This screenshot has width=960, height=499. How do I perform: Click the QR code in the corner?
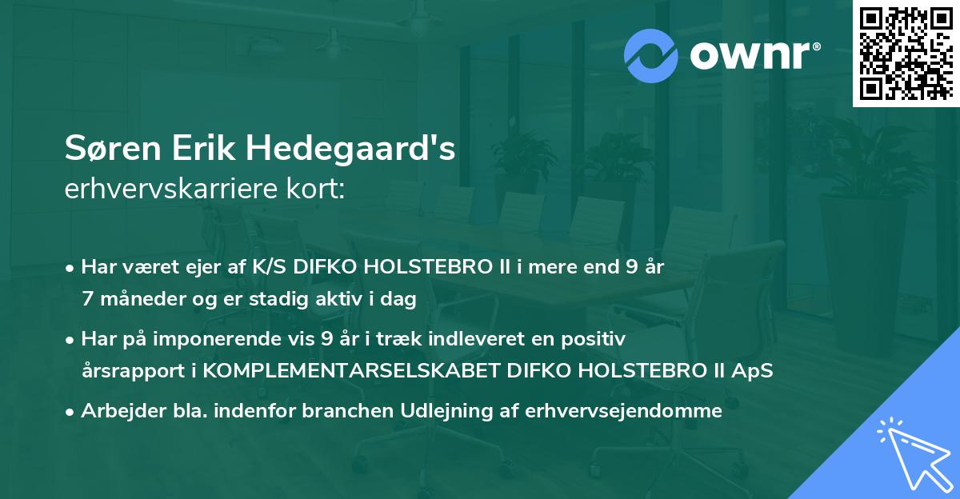click(906, 54)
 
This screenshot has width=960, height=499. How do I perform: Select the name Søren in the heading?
click(108, 150)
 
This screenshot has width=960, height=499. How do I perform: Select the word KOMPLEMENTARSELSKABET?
click(369, 371)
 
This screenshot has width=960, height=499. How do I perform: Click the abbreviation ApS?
click(754, 371)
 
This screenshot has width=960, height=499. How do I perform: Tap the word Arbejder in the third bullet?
click(117, 411)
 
